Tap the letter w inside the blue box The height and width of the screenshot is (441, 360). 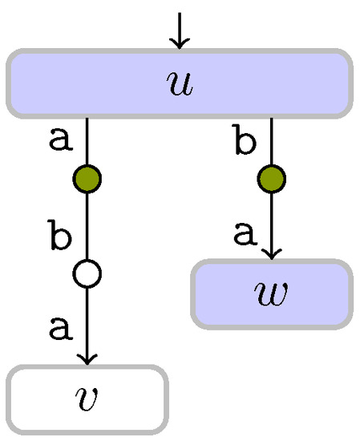(272, 293)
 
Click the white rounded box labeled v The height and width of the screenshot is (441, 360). (48, 398)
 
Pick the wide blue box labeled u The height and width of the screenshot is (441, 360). (80, 83)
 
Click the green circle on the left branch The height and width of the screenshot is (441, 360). (87, 179)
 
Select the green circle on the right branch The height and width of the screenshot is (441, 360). (272, 179)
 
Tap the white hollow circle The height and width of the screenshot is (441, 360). (87, 274)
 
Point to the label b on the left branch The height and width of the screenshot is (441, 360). (58, 238)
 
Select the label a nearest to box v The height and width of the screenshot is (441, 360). (58, 327)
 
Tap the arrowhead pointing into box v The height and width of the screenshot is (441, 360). (87, 358)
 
